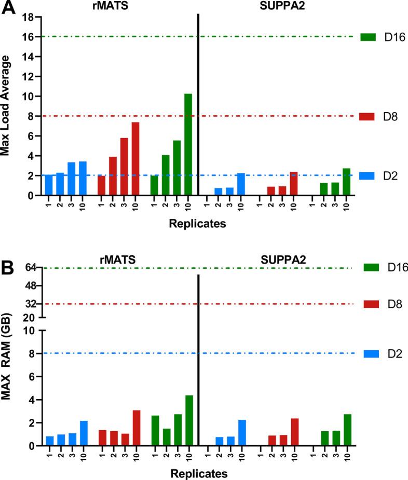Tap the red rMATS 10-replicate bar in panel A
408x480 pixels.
click(135, 159)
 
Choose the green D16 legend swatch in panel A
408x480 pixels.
click(367, 37)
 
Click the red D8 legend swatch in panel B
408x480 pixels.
click(367, 304)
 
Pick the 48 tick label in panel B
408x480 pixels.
click(29, 285)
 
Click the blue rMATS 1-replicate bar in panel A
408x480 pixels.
click(49, 185)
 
